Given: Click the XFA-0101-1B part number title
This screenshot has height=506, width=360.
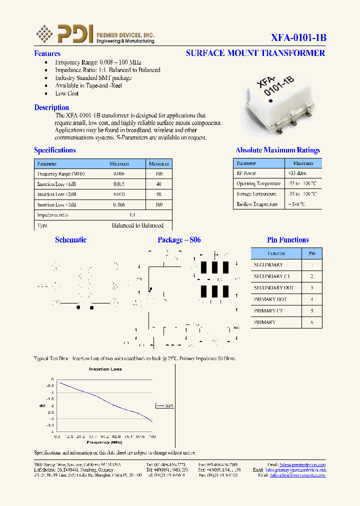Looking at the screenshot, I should [x=298, y=38].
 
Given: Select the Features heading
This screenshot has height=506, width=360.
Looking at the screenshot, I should [x=47, y=53].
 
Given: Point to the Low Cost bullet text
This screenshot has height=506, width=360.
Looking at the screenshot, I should [x=67, y=93].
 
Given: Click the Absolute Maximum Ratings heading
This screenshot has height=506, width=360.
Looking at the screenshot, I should [x=277, y=150].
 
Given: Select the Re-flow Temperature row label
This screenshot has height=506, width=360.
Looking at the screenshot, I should [x=257, y=204].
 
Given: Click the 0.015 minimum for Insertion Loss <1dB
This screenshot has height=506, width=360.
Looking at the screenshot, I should [x=119, y=184].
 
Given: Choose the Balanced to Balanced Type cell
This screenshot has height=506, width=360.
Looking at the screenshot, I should [x=137, y=225].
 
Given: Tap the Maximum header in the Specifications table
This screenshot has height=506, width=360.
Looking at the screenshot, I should [x=159, y=163].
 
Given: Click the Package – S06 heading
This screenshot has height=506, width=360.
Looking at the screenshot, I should [x=179, y=240].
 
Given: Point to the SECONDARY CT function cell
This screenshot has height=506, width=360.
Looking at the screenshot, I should [x=271, y=276].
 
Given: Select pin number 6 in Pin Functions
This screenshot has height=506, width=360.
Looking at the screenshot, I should [x=312, y=322].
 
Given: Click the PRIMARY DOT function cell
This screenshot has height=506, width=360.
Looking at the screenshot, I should [x=270, y=299].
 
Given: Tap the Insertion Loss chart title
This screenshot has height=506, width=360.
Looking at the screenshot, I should [x=105, y=369].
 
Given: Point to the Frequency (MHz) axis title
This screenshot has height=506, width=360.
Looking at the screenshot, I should [x=104, y=442].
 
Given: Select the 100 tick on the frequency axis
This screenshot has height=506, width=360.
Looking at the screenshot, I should [x=152, y=436].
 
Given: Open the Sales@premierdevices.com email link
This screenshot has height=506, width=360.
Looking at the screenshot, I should [x=302, y=464].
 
